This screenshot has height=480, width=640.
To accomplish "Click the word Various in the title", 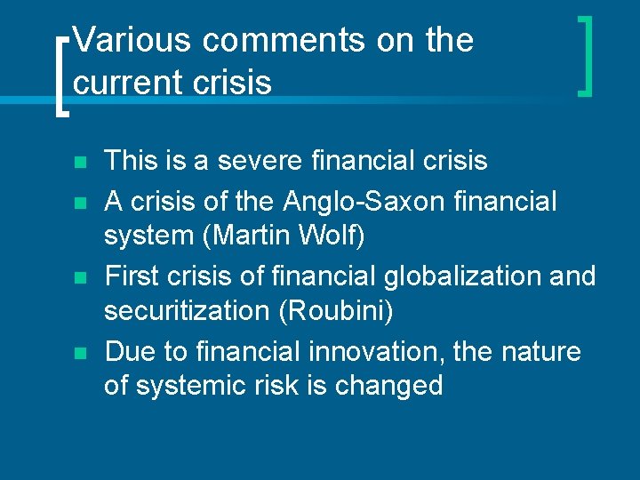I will coord(132,40).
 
